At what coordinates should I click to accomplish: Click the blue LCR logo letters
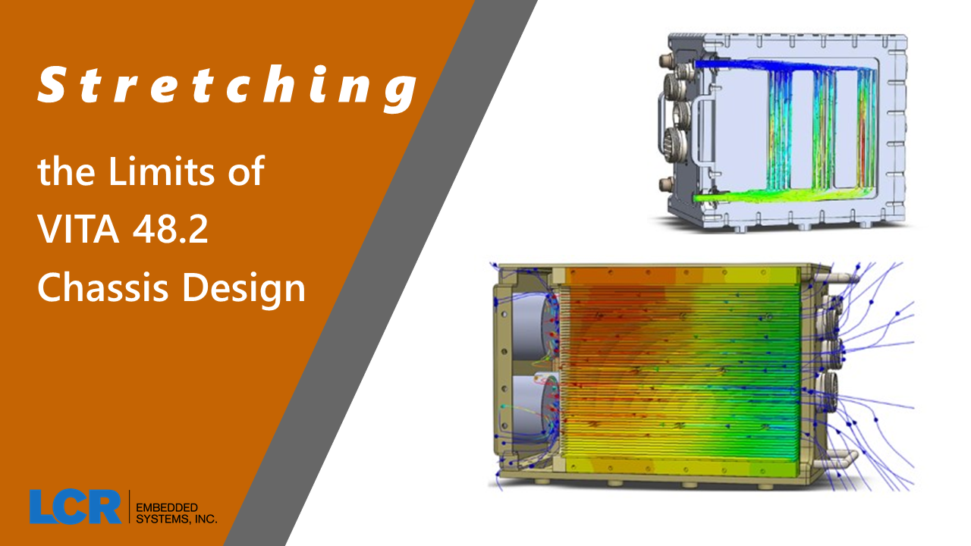[75, 507]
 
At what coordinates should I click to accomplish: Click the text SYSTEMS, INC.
[176, 519]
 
